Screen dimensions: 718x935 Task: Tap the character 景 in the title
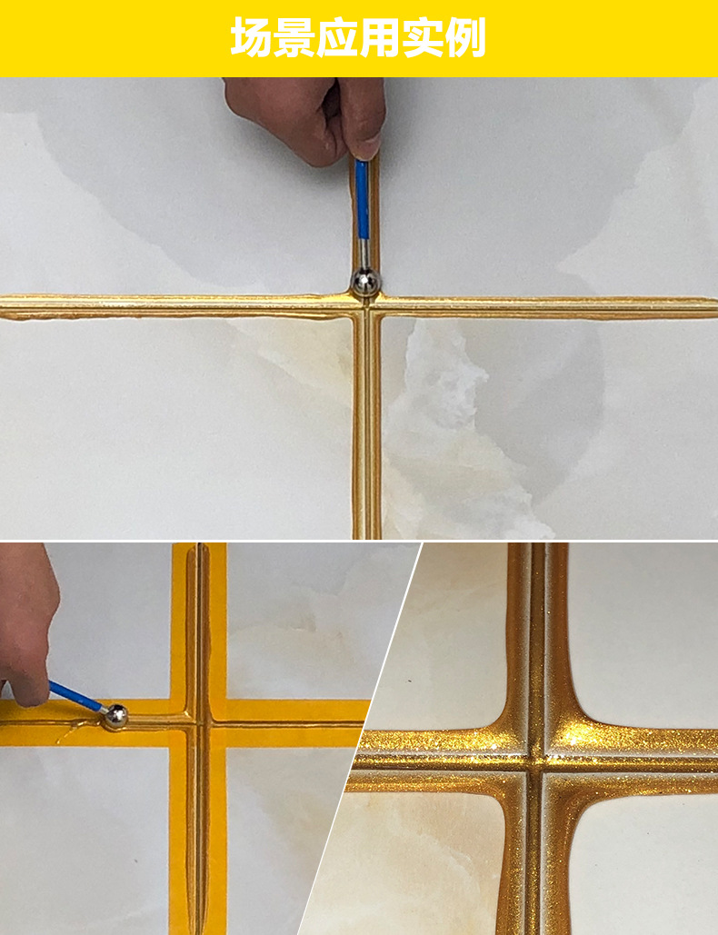[x=294, y=37]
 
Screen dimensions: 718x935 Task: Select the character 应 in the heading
[x=337, y=37]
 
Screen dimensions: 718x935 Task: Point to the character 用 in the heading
[x=380, y=37]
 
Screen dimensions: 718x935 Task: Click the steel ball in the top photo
[x=365, y=282]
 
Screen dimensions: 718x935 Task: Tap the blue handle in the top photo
[x=362, y=199]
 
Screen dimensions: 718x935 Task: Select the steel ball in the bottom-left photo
[x=115, y=716]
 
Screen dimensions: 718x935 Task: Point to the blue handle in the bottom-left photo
[x=74, y=696]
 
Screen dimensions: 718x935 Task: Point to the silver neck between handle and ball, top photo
[x=364, y=254]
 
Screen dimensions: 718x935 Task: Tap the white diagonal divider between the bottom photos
[x=360, y=739]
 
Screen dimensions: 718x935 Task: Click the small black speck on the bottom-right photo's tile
[x=410, y=681]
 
